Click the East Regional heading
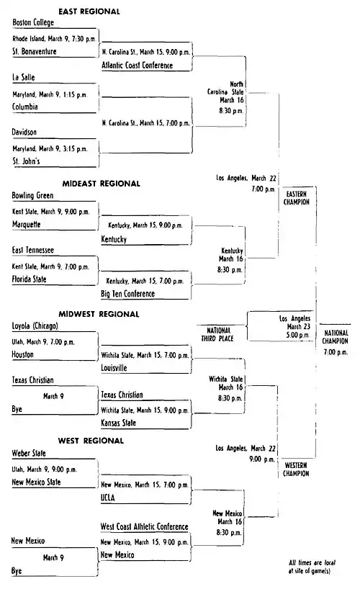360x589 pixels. (x=89, y=12)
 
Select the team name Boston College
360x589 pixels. (x=33, y=22)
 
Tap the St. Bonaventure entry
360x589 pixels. (x=34, y=51)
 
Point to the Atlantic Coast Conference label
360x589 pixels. (x=138, y=66)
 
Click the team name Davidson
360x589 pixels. (x=24, y=132)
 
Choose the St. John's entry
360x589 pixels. (x=26, y=161)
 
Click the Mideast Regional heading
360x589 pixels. (x=101, y=184)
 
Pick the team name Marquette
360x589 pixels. (x=27, y=225)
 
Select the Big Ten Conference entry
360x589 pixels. (x=127, y=294)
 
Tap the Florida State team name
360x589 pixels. (x=29, y=279)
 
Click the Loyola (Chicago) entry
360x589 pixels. (x=35, y=326)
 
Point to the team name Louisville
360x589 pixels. (x=114, y=368)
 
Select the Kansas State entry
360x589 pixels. (x=118, y=423)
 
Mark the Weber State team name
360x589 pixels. (x=29, y=454)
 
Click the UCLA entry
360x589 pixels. (x=108, y=498)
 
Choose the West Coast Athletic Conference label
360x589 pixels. (x=144, y=526)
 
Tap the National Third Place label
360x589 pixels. (x=217, y=334)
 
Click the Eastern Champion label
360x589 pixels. (x=297, y=198)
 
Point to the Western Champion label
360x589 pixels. (x=296, y=469)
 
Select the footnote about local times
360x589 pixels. (x=312, y=567)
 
